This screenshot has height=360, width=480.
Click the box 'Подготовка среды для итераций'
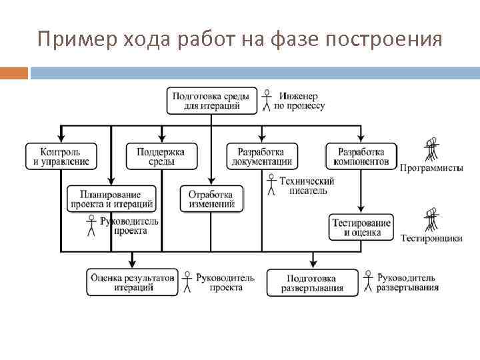point(211,101)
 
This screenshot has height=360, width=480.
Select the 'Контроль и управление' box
point(61,156)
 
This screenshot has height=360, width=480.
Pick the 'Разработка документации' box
point(261,156)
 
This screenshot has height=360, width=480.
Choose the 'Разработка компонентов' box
point(361,156)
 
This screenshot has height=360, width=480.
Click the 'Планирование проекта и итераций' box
point(111,199)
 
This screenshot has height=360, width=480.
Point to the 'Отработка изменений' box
point(211,199)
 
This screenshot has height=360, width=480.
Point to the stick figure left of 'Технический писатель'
point(271,185)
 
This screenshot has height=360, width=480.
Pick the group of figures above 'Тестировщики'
point(432,221)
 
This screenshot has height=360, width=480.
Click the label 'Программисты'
point(431,168)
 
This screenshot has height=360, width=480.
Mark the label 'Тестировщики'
point(431,239)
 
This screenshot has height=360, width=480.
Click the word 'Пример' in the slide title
point(69,40)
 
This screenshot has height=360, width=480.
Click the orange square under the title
point(14,73)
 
